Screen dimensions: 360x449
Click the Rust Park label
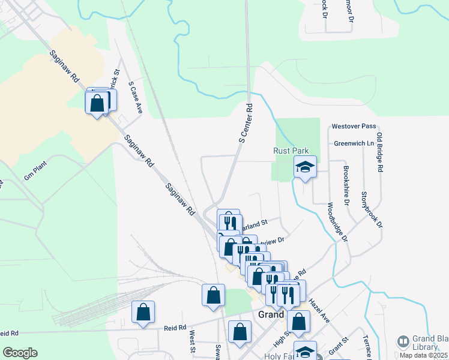[291, 151]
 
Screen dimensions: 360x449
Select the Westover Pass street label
[354, 127]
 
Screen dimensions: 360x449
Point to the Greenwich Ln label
[354, 144]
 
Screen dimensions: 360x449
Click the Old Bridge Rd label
[380, 153]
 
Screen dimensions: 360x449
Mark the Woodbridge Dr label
[337, 223]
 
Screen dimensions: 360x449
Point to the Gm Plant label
[35, 171]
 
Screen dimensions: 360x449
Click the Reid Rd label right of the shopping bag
[176, 328]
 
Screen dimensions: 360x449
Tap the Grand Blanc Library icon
[403, 342]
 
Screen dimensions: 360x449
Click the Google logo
[20, 353]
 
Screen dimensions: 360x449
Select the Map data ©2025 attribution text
[424, 355]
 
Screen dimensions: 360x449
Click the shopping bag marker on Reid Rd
[143, 313]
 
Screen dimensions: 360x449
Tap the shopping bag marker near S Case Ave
[97, 103]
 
